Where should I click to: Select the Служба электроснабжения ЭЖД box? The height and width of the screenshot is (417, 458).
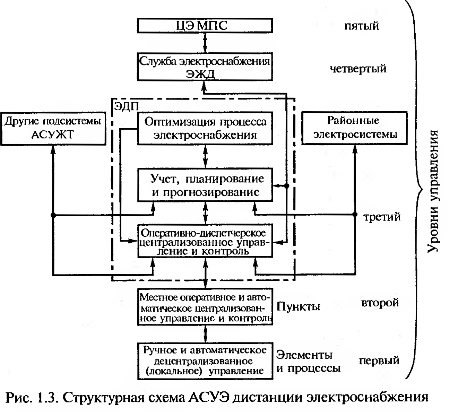point(205,67)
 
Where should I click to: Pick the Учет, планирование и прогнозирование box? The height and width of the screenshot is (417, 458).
point(205,185)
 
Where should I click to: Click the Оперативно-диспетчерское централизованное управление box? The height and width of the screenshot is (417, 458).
point(205,241)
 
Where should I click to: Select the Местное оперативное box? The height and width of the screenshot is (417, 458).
point(205,307)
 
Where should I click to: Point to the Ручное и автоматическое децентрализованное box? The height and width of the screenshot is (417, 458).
point(205,360)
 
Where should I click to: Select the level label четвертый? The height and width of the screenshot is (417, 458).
point(357,69)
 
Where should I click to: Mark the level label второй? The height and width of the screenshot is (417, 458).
point(380,303)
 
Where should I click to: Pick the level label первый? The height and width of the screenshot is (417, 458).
point(379,360)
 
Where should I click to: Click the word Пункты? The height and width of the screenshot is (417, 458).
point(298,306)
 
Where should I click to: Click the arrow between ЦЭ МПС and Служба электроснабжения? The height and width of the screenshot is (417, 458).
point(205,43)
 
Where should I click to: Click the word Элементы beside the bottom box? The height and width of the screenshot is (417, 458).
point(304,355)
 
